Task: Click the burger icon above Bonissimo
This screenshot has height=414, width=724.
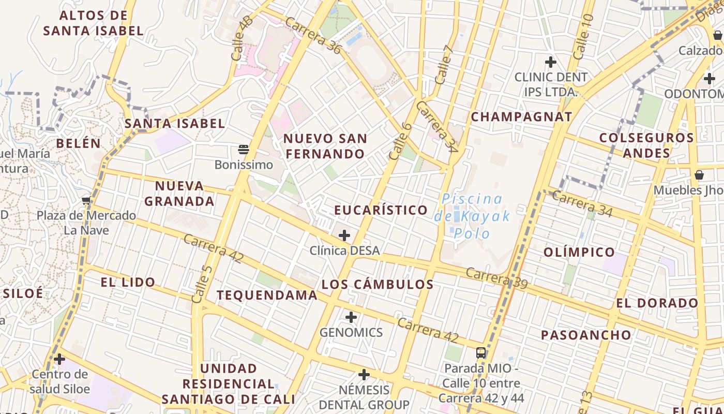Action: [244, 150]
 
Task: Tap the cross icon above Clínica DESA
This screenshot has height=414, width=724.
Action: [344, 235]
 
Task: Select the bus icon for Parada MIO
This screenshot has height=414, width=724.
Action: [481, 353]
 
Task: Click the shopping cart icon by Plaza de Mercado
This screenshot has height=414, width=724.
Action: [86, 200]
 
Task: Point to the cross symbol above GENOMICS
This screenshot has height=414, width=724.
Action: [351, 317]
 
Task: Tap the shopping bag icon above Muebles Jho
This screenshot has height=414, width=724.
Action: [699, 175]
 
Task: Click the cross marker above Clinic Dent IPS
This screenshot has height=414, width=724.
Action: [551, 62]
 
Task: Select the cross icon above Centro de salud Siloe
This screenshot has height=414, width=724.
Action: [59, 359]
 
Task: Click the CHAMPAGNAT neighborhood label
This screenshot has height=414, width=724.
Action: [521, 116]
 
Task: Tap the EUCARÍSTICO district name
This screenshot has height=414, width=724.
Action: [381, 210]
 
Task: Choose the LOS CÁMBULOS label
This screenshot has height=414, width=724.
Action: [378, 284]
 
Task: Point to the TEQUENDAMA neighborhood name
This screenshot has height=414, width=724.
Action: [267, 295]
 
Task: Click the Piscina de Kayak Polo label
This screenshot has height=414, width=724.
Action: [472, 216]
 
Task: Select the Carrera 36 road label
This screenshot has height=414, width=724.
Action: [313, 36]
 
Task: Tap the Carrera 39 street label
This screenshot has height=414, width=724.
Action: [496, 278]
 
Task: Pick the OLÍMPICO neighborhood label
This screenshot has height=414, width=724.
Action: [579, 252]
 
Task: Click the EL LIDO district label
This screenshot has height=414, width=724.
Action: [128, 282]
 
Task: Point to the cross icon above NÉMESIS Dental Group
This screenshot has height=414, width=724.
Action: [364, 374]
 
